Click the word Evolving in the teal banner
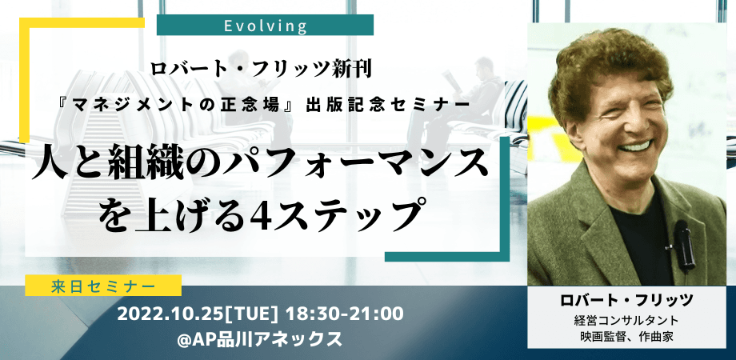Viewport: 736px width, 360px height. tap(265, 26)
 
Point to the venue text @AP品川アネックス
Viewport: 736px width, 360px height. tap(262, 338)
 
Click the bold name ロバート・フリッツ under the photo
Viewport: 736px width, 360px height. tap(626, 300)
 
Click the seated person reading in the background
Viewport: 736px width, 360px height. tap(472, 96)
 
